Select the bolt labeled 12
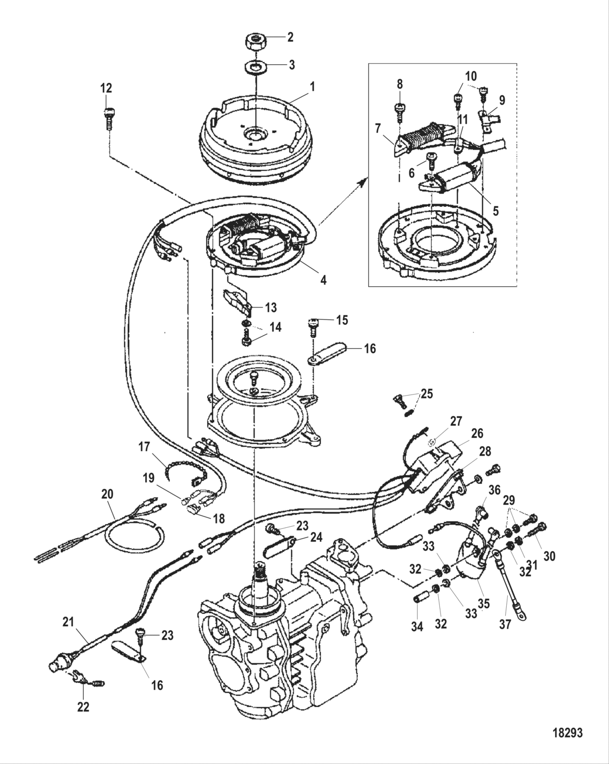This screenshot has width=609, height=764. [107, 116]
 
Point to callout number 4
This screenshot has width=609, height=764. [323, 280]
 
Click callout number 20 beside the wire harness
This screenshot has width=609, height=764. [108, 494]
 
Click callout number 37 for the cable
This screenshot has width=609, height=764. [505, 624]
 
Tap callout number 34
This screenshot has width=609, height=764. [417, 626]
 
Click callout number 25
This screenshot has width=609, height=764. [427, 393]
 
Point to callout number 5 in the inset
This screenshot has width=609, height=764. [495, 210]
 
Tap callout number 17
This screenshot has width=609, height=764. [144, 447]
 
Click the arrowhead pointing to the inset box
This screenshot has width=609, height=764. [361, 185]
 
